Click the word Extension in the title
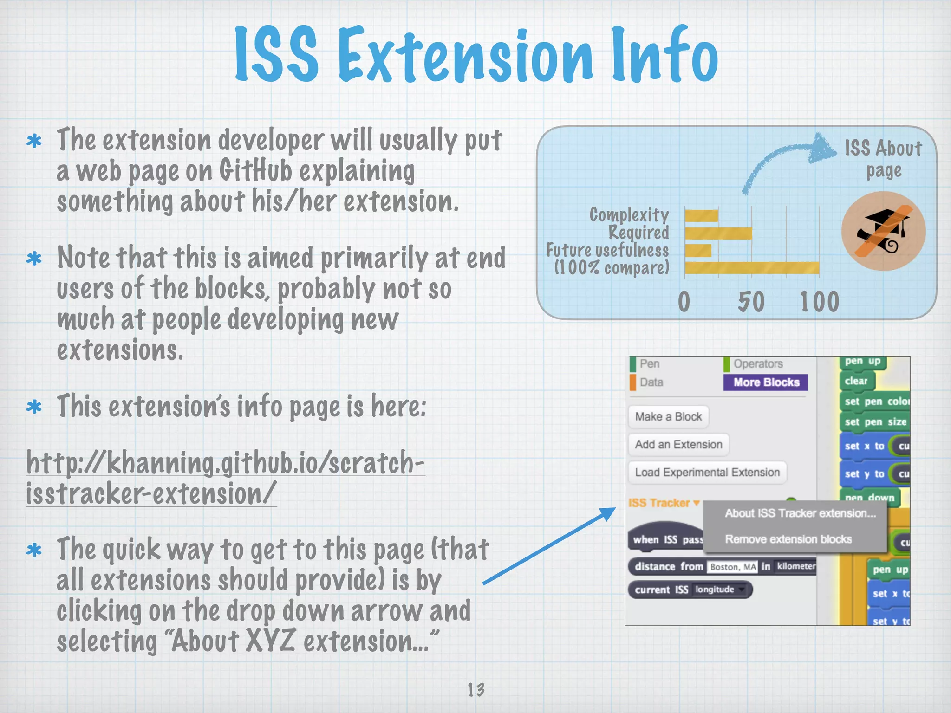click(464, 56)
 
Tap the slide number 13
click(475, 689)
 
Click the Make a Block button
click(668, 416)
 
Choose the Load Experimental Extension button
click(707, 472)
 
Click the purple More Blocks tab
click(766, 382)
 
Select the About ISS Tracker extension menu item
click(800, 513)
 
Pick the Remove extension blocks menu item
click(788, 539)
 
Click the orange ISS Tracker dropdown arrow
click(696, 503)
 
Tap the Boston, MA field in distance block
click(732, 567)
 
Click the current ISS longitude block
click(690, 590)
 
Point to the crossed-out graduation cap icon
click(883, 231)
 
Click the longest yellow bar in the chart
click(752, 268)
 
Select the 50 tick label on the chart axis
click(751, 302)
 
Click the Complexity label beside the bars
click(629, 215)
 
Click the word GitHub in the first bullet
click(256, 171)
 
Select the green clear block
click(856, 381)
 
